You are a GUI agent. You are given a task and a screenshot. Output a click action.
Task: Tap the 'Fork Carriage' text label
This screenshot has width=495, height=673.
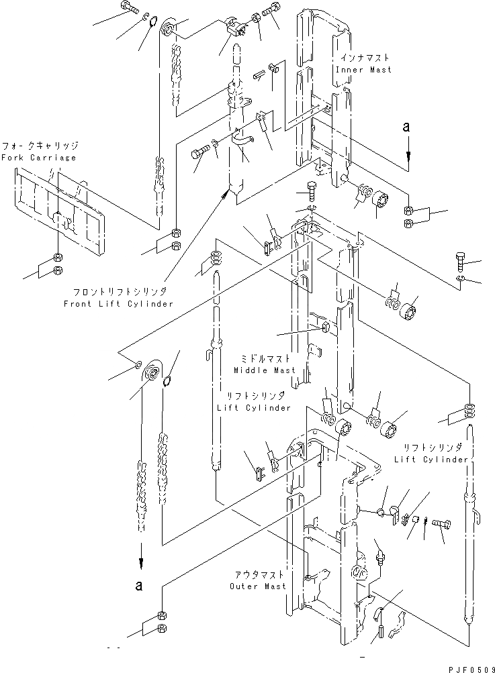pyautogui.click(x=39, y=157)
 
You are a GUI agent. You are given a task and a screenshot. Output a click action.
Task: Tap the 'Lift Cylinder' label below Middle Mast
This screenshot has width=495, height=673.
pyautogui.click(x=255, y=407)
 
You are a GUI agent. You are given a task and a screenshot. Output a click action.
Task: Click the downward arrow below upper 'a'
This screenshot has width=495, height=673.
pyautogui.click(x=407, y=153)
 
